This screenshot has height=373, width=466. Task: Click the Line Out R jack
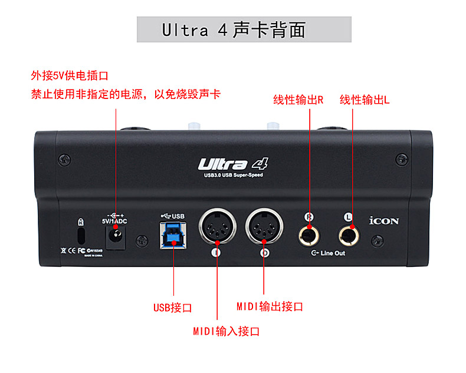(x=309, y=235)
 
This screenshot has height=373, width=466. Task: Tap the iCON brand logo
(x=384, y=221)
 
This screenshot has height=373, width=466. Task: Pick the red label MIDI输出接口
(x=270, y=306)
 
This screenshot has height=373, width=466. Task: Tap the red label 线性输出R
(x=298, y=100)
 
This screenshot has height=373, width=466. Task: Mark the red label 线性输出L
(x=365, y=100)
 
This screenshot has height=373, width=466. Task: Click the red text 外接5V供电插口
(x=70, y=76)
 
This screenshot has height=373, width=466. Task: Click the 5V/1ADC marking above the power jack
(x=114, y=220)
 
